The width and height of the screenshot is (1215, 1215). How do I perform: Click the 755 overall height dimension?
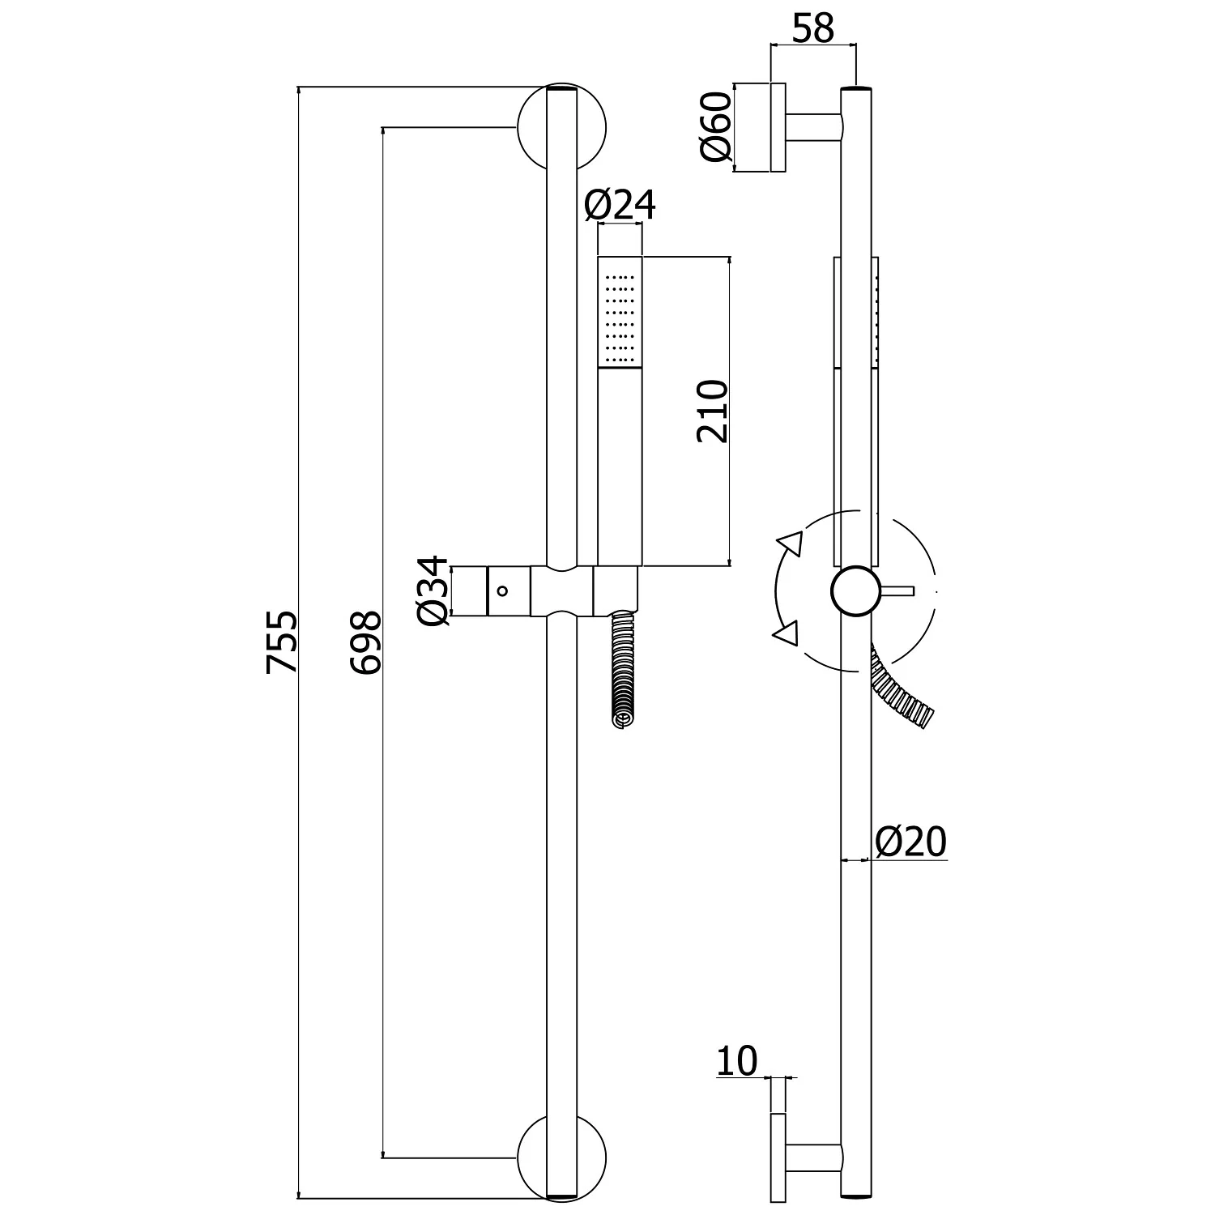coord(283,642)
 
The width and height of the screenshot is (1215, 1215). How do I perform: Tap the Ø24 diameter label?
coord(620,206)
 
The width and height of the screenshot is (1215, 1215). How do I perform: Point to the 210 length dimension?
coord(714,411)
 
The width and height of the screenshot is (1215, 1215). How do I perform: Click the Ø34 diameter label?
coord(433,590)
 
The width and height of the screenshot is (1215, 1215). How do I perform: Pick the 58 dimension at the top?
coord(812,29)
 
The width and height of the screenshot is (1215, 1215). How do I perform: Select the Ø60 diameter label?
coord(716,126)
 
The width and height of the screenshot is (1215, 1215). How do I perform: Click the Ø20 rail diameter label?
coord(910,842)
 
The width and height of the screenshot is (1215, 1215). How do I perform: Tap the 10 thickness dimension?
coord(736,1061)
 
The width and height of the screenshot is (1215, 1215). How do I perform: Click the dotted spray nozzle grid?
coord(620,318)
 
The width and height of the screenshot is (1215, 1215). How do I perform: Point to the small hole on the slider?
coord(502,590)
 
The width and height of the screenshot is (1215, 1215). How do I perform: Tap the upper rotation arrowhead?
coord(790,543)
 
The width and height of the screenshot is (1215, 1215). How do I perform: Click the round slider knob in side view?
coord(855,591)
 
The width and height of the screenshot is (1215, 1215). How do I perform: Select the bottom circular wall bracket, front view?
coord(561,1157)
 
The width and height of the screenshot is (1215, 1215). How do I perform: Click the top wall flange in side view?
coord(778,128)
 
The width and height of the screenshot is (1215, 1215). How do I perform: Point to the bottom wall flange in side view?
coord(778,1157)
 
